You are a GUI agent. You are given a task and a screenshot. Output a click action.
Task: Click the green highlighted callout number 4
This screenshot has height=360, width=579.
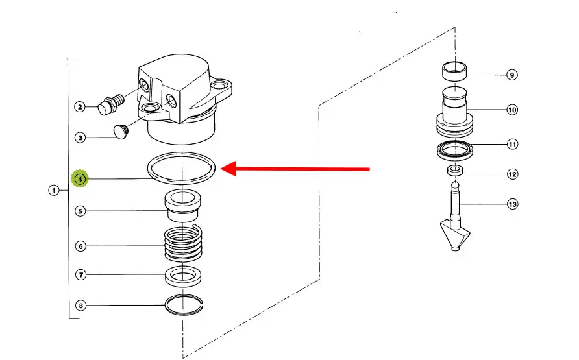point(80,179)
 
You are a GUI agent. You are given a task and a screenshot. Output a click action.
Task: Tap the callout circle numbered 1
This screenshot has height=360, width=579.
point(53,190)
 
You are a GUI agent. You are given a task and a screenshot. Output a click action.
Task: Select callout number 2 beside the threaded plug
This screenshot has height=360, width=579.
point(80,107)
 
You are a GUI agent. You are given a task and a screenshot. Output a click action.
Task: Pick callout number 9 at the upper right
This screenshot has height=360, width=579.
point(511,75)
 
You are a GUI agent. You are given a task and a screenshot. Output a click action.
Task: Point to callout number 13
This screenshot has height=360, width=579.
point(513,204)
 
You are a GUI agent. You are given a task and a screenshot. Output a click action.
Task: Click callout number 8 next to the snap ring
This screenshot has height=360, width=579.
point(80,306)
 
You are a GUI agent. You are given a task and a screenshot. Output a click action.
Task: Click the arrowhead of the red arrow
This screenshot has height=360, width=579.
point(228,169)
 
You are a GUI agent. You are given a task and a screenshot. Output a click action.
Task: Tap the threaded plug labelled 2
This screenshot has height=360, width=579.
point(110,104)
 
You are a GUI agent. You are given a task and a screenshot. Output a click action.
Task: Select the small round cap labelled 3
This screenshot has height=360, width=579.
point(120,131)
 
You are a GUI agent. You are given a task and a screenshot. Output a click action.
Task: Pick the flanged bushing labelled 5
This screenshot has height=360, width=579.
point(182,206)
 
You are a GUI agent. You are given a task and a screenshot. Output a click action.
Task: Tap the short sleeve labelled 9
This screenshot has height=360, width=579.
point(454,71)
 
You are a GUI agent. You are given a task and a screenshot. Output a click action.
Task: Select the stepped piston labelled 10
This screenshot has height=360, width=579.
point(454,112)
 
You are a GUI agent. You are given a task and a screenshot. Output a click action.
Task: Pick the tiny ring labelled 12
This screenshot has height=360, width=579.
point(455,171)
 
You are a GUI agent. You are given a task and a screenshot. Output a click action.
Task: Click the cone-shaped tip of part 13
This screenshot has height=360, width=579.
point(455,235)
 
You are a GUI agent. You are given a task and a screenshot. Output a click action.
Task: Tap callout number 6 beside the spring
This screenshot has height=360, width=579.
point(80,246)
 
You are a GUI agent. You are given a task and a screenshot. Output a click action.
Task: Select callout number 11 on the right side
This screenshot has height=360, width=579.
point(513,144)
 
